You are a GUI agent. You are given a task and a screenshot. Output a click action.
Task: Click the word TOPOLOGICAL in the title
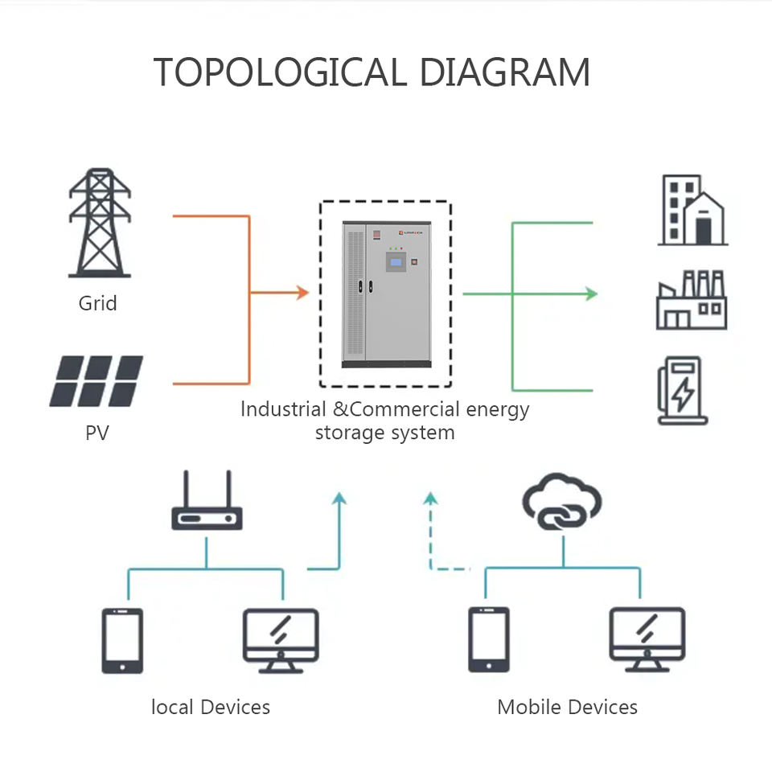tap(280, 72)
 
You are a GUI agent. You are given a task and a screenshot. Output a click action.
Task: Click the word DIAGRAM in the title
tap(505, 72)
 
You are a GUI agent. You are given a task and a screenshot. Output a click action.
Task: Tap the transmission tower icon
tap(100, 223)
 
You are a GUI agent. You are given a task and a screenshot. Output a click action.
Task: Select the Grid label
tap(97, 303)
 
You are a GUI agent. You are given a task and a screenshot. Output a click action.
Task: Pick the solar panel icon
tap(96, 381)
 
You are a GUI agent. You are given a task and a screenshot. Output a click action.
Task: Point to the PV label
tap(97, 433)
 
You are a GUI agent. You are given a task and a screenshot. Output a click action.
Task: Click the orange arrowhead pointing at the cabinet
tap(302, 293)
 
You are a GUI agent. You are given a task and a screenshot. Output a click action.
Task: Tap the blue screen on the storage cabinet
tap(396, 262)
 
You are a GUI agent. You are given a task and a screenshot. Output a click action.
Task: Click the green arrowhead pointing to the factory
tap(591, 294)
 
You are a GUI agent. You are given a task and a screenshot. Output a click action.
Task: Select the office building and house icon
tap(692, 210)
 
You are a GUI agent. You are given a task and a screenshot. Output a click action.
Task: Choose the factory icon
tap(692, 300)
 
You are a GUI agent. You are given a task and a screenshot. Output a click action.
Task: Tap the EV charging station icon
tap(683, 391)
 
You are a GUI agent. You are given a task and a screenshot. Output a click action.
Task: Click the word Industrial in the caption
tap(283, 409)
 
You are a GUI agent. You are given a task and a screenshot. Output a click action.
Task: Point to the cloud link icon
tap(562, 502)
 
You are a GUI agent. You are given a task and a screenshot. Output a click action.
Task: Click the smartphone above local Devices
tap(122, 641)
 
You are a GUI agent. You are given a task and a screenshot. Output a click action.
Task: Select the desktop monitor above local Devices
tap(281, 641)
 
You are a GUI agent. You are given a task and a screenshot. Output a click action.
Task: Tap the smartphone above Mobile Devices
tap(489, 639)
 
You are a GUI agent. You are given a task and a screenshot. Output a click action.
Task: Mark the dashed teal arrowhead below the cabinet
tap(431, 499)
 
